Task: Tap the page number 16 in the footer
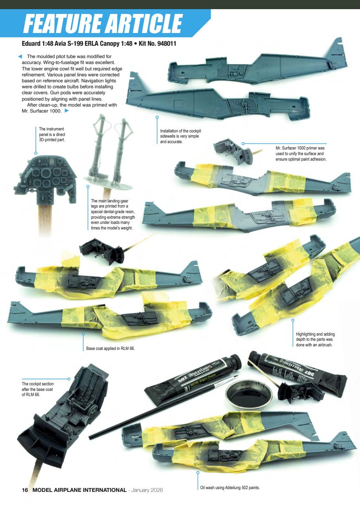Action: point(25,490)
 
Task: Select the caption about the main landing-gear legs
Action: point(113,215)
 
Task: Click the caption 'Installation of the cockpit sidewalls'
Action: point(179,136)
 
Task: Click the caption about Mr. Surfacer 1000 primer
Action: point(300,153)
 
